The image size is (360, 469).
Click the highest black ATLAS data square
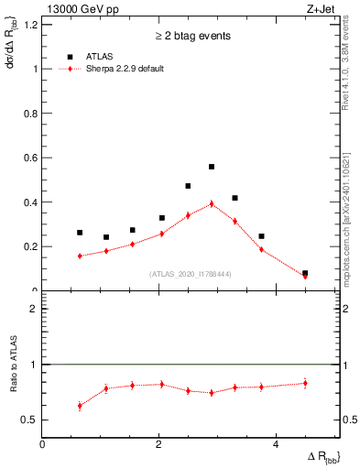click(212, 167)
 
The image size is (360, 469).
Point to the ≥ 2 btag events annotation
click(192, 36)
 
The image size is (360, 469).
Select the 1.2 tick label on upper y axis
click(29, 25)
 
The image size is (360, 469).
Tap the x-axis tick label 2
click(159, 443)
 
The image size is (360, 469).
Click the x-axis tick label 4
click(276, 443)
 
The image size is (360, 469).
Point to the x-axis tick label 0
click(43, 443)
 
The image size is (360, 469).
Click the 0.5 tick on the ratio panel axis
click(29, 420)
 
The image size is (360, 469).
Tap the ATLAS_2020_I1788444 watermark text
click(191, 273)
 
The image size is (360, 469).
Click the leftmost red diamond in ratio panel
click(80, 405)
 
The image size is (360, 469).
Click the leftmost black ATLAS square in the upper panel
click(80, 233)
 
